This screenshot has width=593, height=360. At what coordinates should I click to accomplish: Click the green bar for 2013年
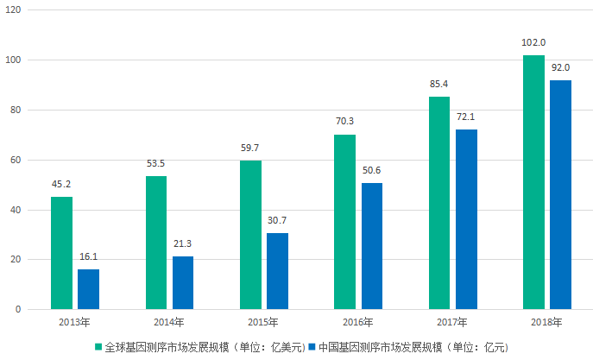[x=61, y=253]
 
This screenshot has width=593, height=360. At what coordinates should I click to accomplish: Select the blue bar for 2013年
[x=88, y=289]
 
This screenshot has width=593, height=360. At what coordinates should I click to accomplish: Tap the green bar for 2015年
[x=250, y=235]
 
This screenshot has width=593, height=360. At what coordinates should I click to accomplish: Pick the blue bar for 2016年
[x=371, y=246]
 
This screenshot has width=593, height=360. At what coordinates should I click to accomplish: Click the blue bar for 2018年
[x=560, y=194]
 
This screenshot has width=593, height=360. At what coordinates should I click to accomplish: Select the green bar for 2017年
[x=438, y=203]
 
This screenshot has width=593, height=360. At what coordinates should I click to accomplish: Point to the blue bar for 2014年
[x=182, y=283]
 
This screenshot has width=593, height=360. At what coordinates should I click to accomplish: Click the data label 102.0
[x=533, y=42]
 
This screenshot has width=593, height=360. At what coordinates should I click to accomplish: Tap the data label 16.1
[x=88, y=256]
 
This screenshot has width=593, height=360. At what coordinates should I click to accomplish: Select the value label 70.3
[x=344, y=122]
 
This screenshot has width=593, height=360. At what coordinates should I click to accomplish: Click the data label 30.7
[x=277, y=220]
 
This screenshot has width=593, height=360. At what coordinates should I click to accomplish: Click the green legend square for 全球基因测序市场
[x=98, y=346]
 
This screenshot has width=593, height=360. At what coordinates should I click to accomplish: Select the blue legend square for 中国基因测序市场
[x=312, y=346]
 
